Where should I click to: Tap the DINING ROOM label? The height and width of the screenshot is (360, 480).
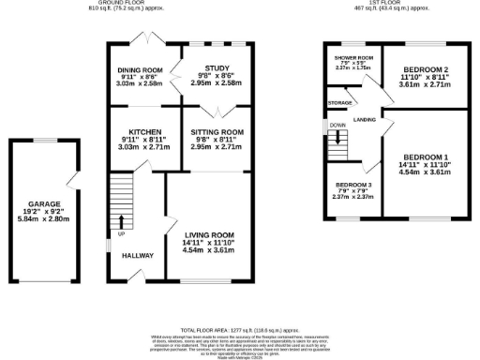(x=140, y=70)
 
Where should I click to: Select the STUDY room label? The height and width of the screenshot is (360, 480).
(x=217, y=67)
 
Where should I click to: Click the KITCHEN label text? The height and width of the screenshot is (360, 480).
(x=140, y=131)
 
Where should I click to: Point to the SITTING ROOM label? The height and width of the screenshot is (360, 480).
(x=217, y=132)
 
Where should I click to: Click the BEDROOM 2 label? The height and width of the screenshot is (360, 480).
(x=427, y=70)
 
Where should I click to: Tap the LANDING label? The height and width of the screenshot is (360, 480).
(x=366, y=119)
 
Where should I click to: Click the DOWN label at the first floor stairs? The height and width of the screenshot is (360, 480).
(x=337, y=124)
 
